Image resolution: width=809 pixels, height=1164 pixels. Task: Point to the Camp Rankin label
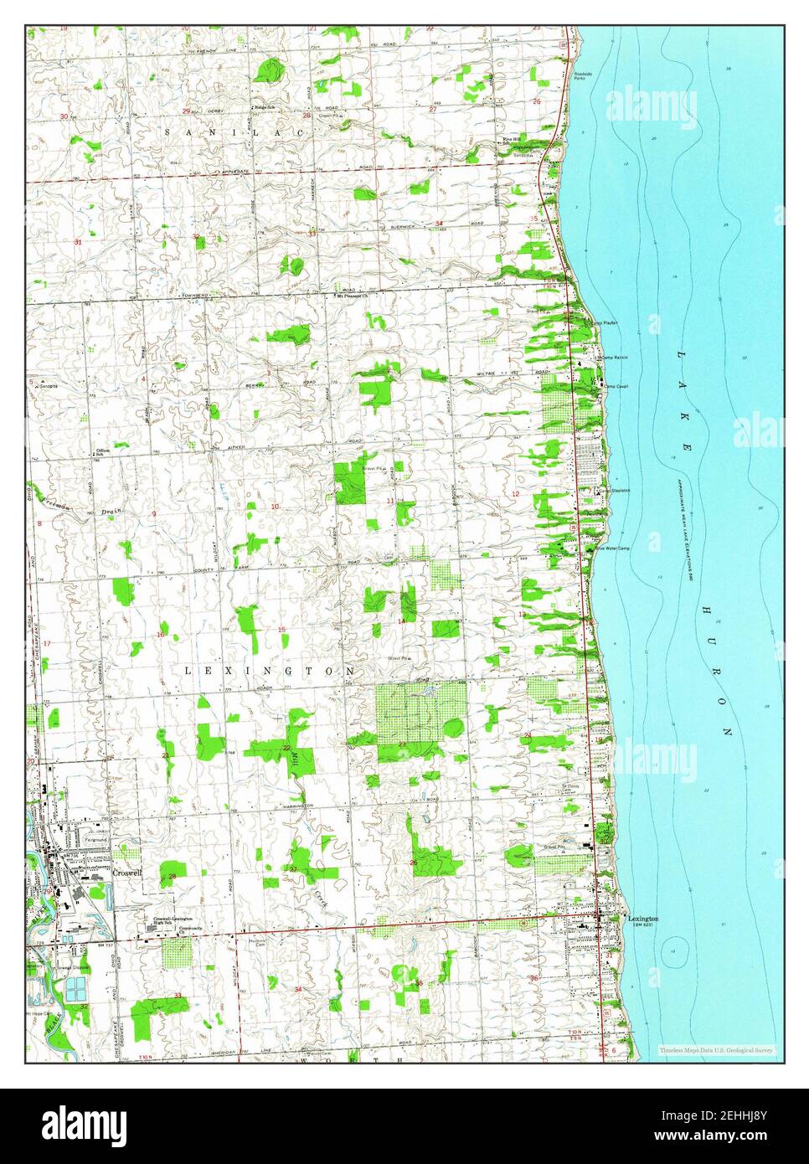(614, 358)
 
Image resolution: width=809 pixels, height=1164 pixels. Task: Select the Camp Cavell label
(616, 386)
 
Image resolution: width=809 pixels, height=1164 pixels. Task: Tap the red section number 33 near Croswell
(178, 995)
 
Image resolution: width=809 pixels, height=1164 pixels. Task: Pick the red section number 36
(533, 978)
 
